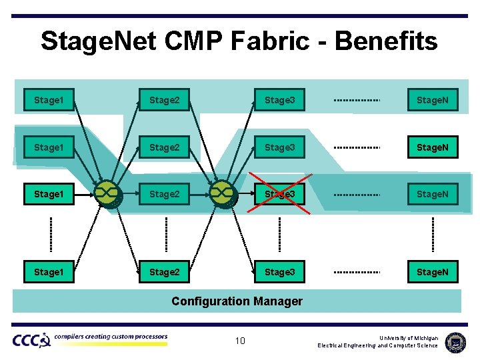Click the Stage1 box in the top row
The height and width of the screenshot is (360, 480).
coord(49,100)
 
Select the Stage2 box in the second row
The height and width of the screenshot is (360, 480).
coord(165,147)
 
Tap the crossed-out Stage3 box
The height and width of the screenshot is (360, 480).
coord(279,194)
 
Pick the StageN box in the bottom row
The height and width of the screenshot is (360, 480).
coord(433,272)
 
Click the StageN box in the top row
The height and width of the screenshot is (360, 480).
coord(433,100)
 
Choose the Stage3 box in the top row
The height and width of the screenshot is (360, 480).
coord(279,100)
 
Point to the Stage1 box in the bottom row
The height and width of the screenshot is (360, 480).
coord(49,272)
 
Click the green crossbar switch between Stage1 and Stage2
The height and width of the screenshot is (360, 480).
coord(107,193)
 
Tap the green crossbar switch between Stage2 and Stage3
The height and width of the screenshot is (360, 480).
coord(222,193)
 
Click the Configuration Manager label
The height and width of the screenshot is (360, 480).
coord(237,301)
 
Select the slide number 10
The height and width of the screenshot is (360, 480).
coord(240,341)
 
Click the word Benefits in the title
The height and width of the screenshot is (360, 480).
coord(386,41)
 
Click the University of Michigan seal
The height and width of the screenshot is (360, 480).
coord(456,341)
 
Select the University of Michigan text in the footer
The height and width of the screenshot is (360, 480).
coord(409,338)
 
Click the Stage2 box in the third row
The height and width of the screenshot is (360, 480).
coord(165,194)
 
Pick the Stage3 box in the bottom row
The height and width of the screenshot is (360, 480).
coord(279,272)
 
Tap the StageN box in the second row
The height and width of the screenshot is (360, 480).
coord(433,147)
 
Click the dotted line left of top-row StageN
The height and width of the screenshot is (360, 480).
coord(357,100)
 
